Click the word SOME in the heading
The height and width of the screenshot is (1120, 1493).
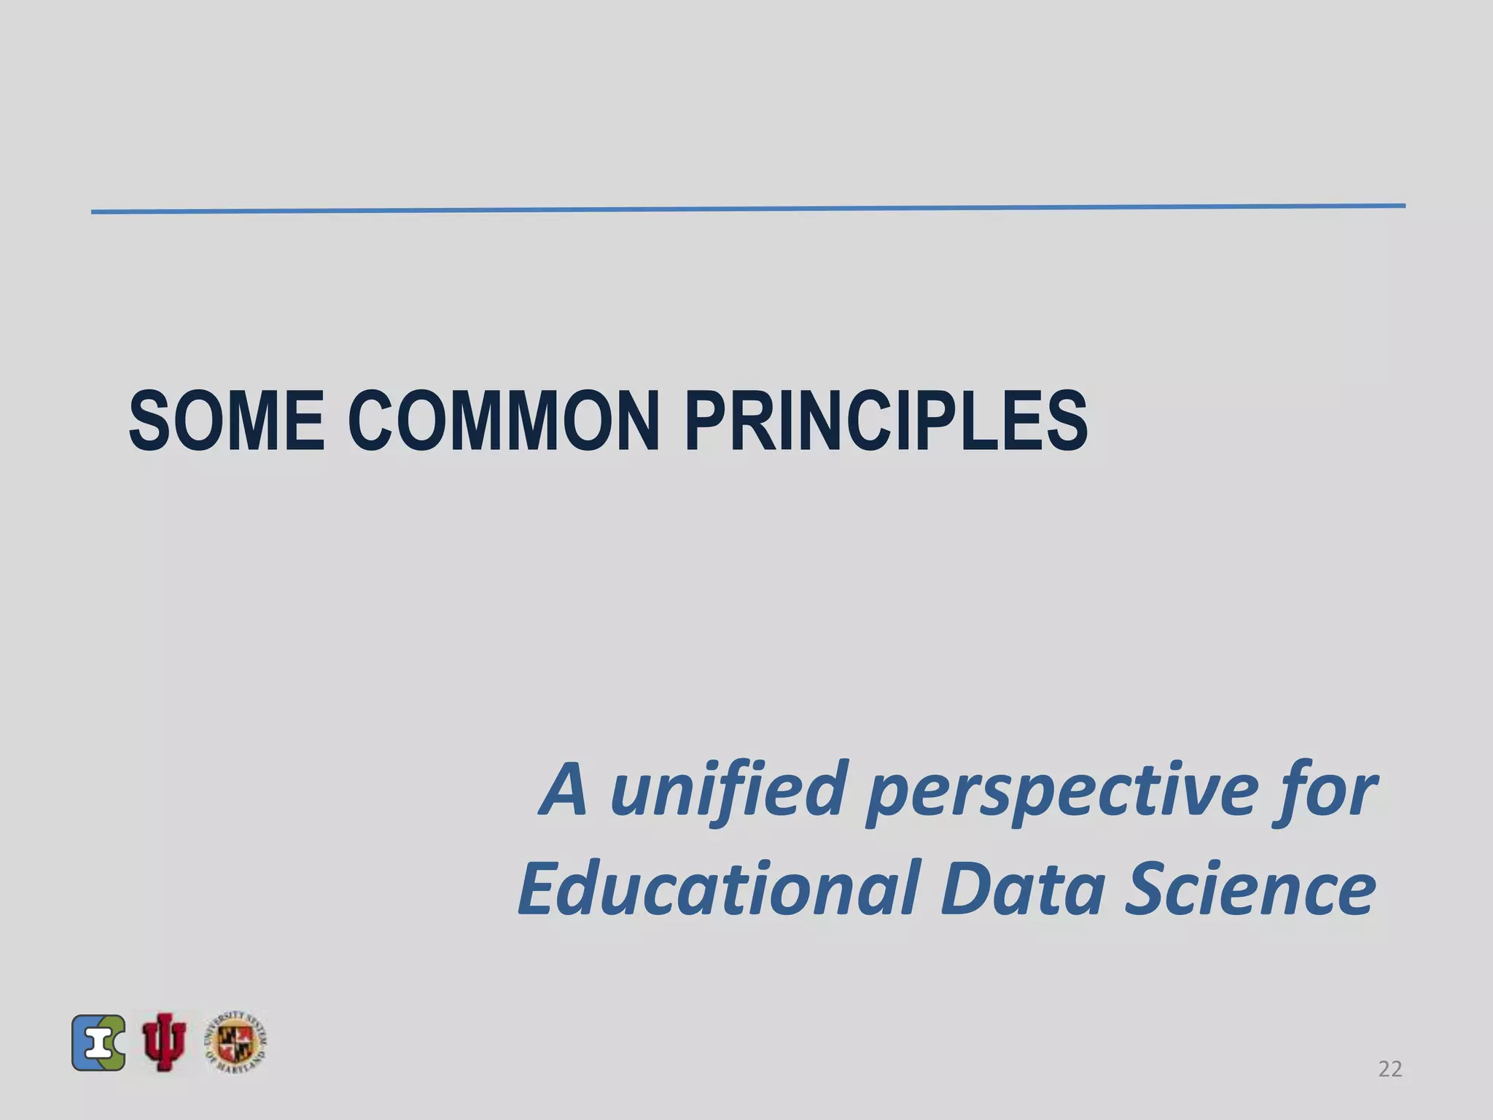coord(227,421)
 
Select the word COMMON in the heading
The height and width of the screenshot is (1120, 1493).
coord(504,421)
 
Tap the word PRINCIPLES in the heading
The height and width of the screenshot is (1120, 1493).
coord(886,421)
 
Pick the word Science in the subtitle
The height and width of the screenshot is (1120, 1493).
coord(1250,888)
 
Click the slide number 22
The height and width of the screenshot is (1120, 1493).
coord(1390,1069)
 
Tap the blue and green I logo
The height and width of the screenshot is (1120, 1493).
coord(98,1043)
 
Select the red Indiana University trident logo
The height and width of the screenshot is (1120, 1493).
coord(165,1042)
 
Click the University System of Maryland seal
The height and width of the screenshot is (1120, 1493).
coord(235,1043)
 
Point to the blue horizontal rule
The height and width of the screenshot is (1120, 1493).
coord(748,209)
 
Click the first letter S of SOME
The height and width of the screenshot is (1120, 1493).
coord(151,421)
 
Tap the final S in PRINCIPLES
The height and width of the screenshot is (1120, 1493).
coord(1065,421)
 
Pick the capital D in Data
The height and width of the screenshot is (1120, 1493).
coord(964,888)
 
